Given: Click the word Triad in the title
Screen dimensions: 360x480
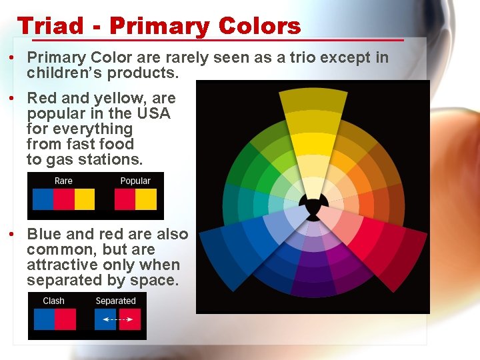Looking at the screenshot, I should click(x=51, y=26).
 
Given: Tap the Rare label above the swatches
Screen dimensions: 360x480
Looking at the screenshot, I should click(x=63, y=181).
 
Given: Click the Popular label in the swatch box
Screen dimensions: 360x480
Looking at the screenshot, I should click(x=135, y=181).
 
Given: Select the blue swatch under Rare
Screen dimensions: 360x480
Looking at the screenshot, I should click(x=43, y=199).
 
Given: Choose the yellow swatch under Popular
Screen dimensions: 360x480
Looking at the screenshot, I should click(x=146, y=199).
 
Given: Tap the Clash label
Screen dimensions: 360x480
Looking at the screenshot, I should click(x=53, y=301).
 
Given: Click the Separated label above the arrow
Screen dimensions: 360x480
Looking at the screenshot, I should click(x=115, y=301).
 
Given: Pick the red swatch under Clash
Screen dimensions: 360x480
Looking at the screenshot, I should click(x=65, y=319).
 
